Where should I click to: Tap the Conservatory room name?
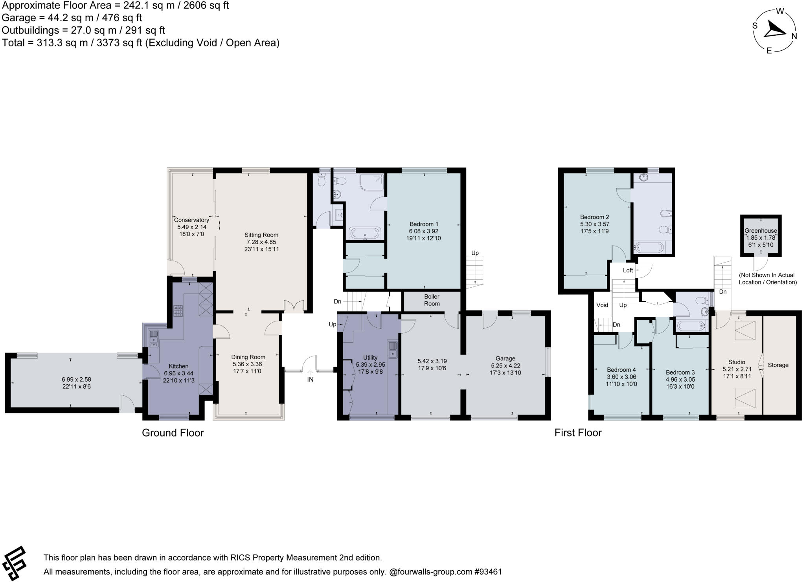[191, 220]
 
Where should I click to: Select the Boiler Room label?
[432, 300]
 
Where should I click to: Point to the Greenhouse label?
[761, 231]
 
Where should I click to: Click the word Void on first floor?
[602, 305]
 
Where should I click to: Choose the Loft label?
[628, 270]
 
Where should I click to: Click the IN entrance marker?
[310, 380]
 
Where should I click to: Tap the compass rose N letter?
[794, 36]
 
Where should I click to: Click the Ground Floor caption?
[173, 433]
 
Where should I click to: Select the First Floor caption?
[578, 433]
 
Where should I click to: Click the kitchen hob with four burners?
[178, 311]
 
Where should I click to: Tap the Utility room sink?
[392, 349]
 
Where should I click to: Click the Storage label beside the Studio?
[778, 365]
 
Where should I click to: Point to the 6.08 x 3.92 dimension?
[424, 231]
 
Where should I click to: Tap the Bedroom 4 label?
[621, 370]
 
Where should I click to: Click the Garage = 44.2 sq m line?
[72, 18]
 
